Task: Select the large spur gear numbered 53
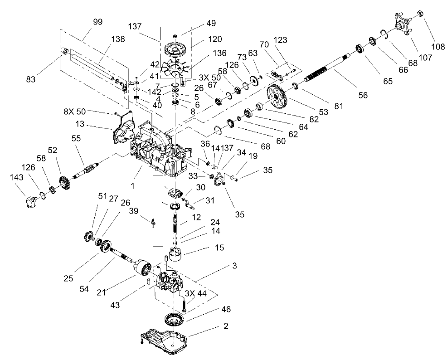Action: tap(277, 97)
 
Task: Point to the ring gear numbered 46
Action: tap(173, 320)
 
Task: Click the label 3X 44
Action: tap(196, 294)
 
